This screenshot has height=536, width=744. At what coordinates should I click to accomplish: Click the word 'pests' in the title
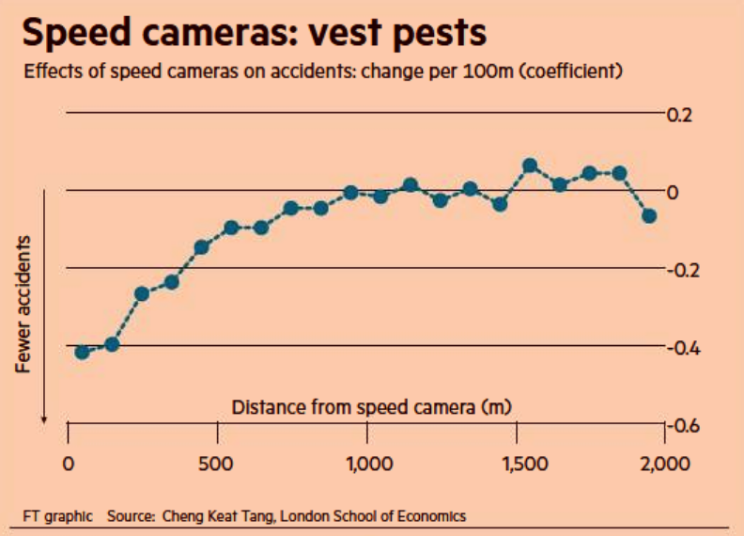click(x=440, y=33)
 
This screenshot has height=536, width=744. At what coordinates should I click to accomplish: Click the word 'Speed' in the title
click(x=76, y=33)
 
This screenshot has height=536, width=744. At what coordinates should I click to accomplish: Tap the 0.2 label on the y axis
click(x=679, y=115)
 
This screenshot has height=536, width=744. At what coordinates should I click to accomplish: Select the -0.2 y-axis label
click(x=683, y=271)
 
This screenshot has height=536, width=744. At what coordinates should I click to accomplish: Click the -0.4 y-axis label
click(x=683, y=348)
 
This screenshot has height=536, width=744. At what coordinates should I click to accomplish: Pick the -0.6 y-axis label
click(x=683, y=426)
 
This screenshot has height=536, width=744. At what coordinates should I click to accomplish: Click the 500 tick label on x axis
click(x=216, y=464)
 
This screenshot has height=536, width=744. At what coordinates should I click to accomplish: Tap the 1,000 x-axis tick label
click(x=369, y=464)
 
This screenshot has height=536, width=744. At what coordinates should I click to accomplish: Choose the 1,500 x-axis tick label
click(x=525, y=464)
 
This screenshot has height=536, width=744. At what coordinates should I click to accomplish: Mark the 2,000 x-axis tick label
click(x=665, y=464)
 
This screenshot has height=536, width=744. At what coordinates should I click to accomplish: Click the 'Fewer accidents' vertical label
click(x=23, y=304)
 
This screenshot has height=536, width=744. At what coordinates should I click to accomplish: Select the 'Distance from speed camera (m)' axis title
click(x=371, y=407)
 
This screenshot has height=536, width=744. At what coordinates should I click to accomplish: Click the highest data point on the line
click(x=530, y=166)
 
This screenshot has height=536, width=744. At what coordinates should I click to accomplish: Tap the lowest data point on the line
click(x=82, y=352)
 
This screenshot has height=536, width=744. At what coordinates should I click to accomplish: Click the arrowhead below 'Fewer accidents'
click(x=44, y=420)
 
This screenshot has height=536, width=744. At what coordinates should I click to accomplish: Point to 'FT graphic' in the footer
click(x=58, y=516)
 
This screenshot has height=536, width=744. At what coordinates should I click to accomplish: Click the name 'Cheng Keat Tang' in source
click(x=218, y=516)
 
